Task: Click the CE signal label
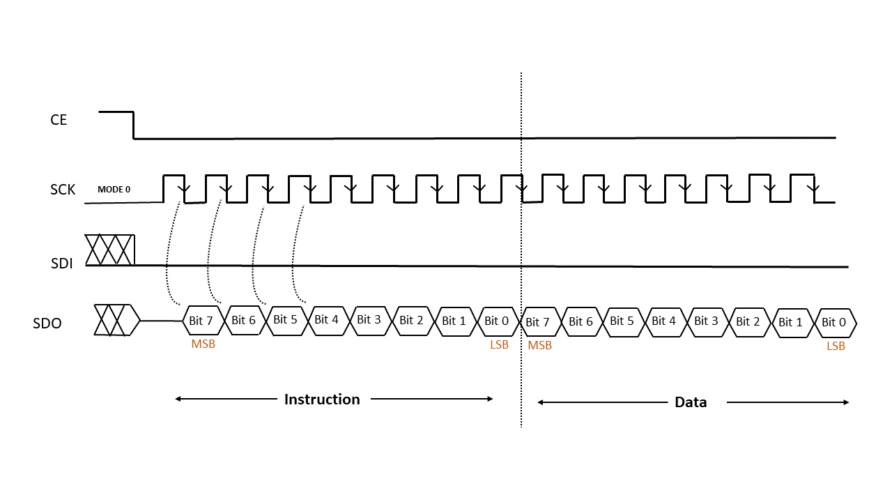tap(59, 120)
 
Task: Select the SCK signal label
tap(63, 190)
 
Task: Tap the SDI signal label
tap(62, 264)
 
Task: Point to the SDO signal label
tap(47, 323)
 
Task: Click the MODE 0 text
tap(114, 190)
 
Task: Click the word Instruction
tap(322, 400)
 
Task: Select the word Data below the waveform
tap(691, 402)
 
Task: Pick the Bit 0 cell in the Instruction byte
tap(498, 321)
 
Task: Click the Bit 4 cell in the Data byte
tap(666, 322)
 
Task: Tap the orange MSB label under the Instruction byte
tap(203, 344)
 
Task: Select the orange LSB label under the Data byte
tap(836, 346)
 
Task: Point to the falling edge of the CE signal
tap(133, 125)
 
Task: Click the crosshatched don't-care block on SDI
tap(110, 250)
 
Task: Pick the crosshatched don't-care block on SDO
tap(117, 320)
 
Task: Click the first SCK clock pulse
tap(174, 188)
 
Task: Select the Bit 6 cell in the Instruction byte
tap(245, 320)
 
